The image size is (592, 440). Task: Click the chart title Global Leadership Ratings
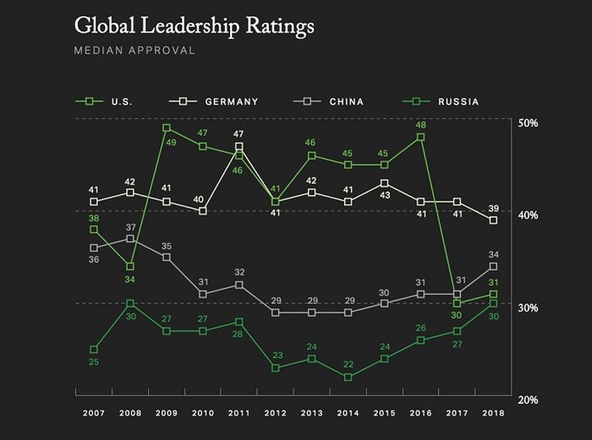click(194, 26)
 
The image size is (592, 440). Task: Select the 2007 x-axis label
click(94, 413)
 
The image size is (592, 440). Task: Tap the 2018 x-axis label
click(493, 413)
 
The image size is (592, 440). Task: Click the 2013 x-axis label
click(312, 413)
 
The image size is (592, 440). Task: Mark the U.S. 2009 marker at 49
click(166, 128)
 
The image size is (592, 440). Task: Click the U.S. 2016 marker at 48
click(420, 137)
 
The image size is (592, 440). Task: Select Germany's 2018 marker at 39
click(493, 220)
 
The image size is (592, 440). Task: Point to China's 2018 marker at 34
click(493, 266)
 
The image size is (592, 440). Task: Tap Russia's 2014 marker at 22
click(348, 377)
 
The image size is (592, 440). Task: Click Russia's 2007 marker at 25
click(94, 349)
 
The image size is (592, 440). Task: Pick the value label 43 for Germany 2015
click(384, 195)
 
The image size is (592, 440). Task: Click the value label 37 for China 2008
click(130, 227)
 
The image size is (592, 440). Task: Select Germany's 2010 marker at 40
click(203, 211)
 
